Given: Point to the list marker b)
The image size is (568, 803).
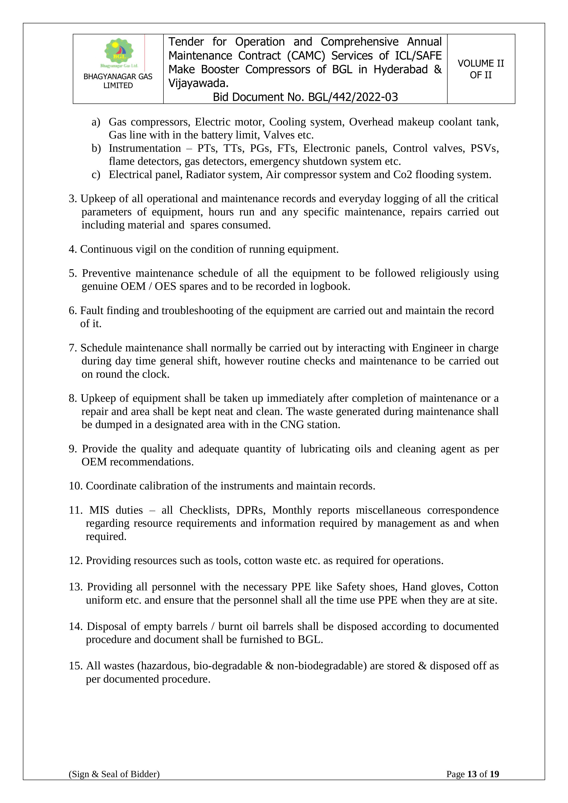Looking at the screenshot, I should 96,148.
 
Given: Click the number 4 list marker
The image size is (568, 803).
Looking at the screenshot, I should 72,249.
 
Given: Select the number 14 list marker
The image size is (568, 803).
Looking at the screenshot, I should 76,626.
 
